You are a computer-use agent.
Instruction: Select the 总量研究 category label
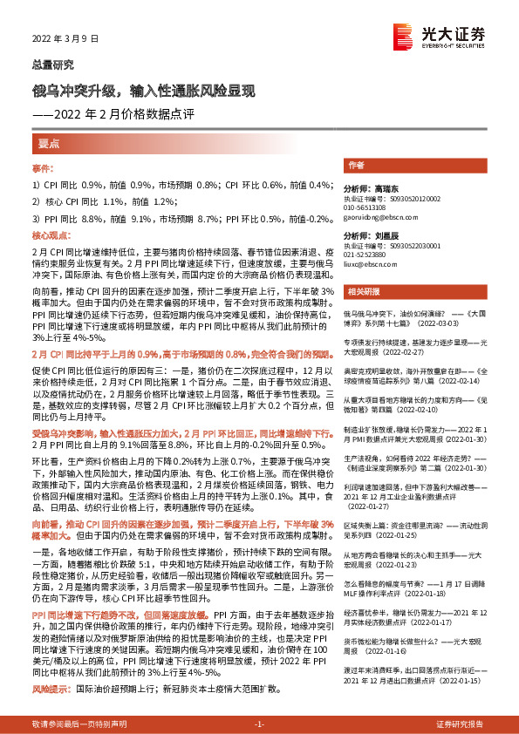click(52, 65)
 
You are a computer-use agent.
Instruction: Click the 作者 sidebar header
click(355, 165)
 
